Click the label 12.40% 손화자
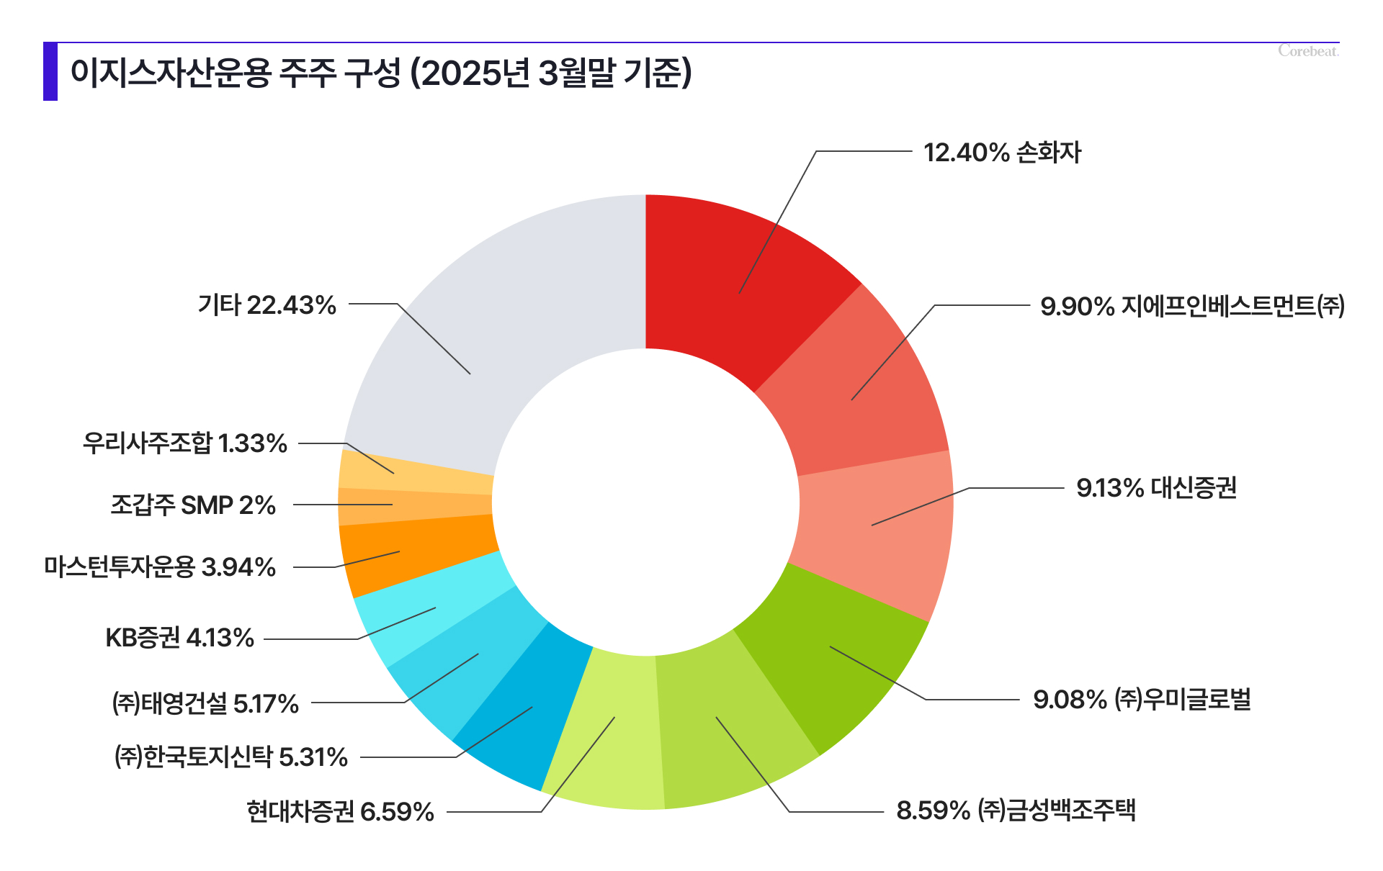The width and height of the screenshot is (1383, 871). [x=1002, y=153]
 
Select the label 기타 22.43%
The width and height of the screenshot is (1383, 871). [x=267, y=305]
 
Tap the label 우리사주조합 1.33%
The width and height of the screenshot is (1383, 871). [x=185, y=443]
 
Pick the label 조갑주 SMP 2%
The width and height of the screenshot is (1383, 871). [x=193, y=505]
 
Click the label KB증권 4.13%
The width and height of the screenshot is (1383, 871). [x=180, y=638]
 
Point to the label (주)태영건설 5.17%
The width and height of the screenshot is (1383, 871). [x=205, y=703]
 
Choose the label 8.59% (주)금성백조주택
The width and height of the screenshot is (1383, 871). [x=1016, y=811]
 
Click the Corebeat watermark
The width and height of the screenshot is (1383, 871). [x=1308, y=51]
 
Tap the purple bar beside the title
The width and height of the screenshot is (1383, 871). [x=50, y=71]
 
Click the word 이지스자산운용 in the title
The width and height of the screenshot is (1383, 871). [x=171, y=73]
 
